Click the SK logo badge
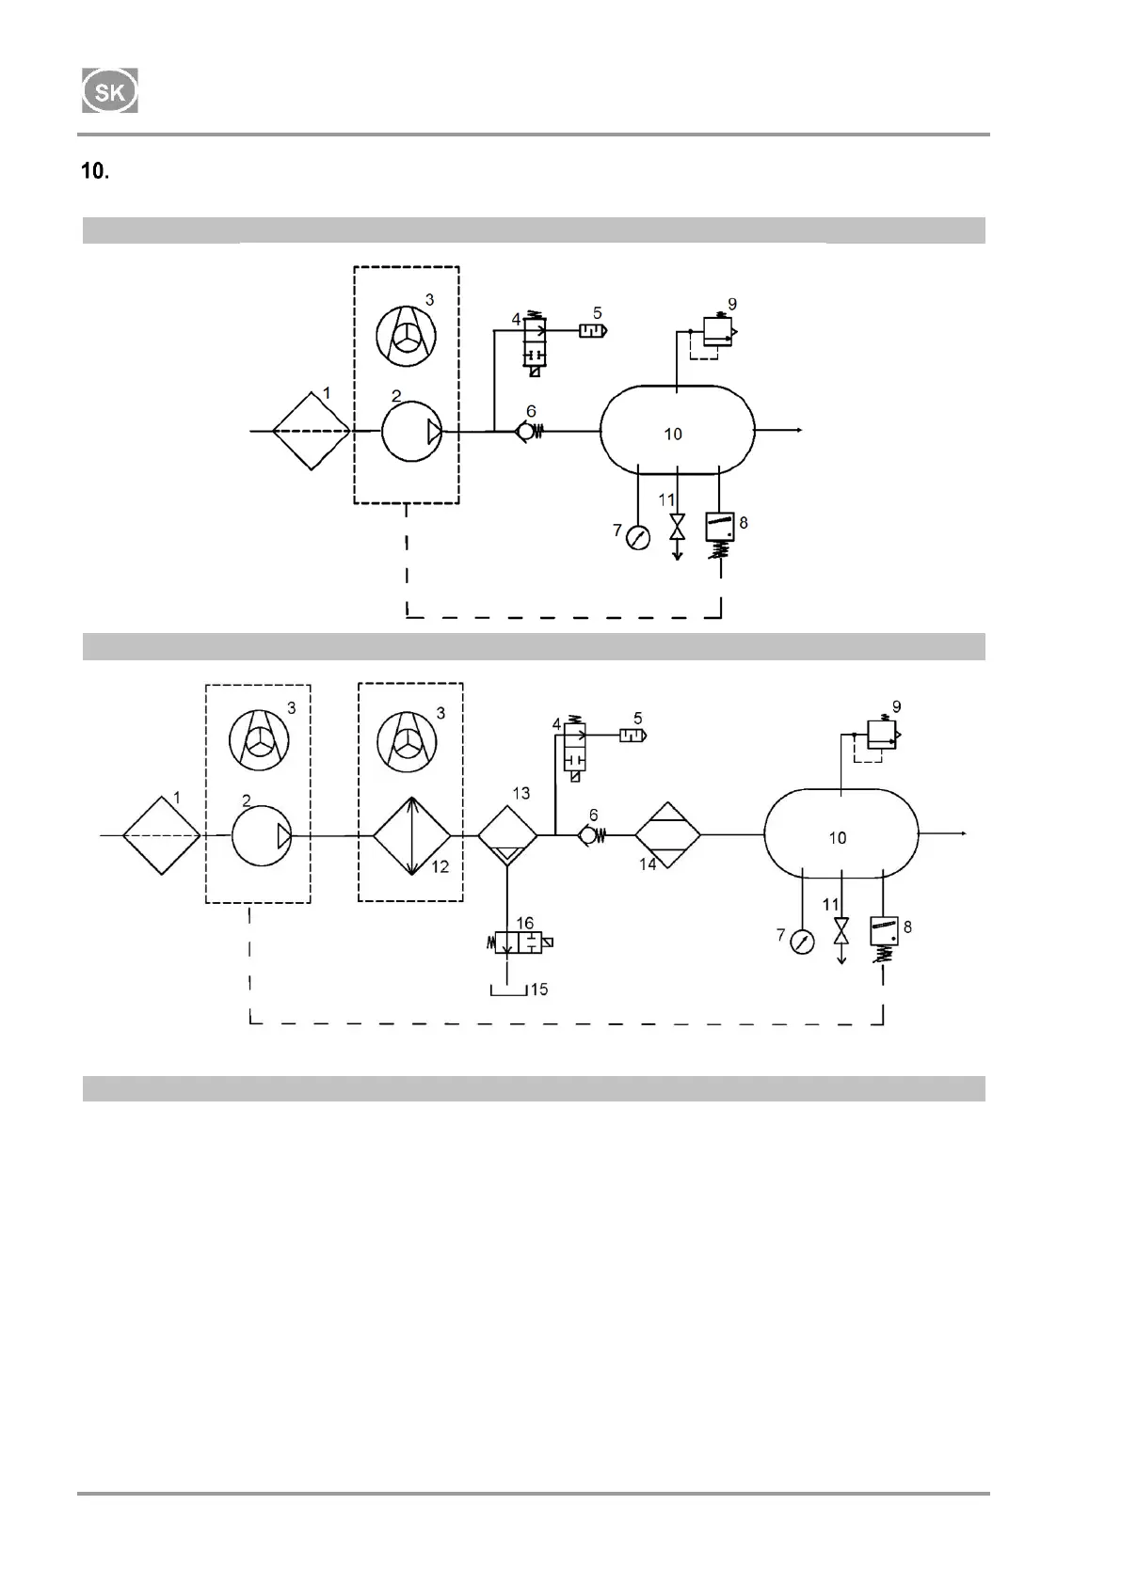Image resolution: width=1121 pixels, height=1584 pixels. coord(110,91)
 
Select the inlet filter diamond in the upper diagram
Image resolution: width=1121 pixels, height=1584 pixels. coord(312,431)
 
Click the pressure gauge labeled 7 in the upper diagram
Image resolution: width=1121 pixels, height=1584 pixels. coord(638,537)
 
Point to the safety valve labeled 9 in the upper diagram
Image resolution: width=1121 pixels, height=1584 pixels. coord(720,332)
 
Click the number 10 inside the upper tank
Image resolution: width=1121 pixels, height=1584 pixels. coord(673,435)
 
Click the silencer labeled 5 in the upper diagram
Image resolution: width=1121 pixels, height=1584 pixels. coord(592,330)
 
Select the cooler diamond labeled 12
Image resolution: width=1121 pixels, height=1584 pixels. coord(412,835)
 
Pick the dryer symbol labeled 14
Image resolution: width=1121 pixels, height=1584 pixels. coord(667,835)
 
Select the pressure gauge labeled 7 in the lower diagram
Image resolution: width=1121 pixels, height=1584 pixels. coord(801,941)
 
